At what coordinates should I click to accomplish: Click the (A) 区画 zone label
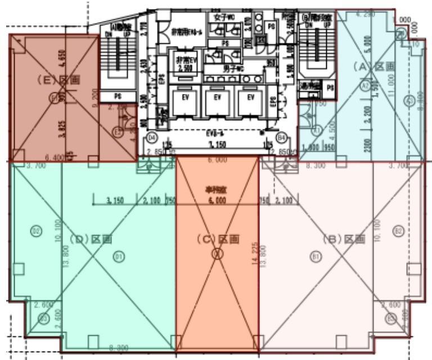coord(373,66)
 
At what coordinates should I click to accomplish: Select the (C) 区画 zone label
coord(218,239)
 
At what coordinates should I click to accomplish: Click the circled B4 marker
coord(281,137)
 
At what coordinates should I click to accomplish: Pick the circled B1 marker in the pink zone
coord(316,256)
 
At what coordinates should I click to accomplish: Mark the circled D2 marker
coord(37,230)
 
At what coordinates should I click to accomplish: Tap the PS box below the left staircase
coord(118,96)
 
